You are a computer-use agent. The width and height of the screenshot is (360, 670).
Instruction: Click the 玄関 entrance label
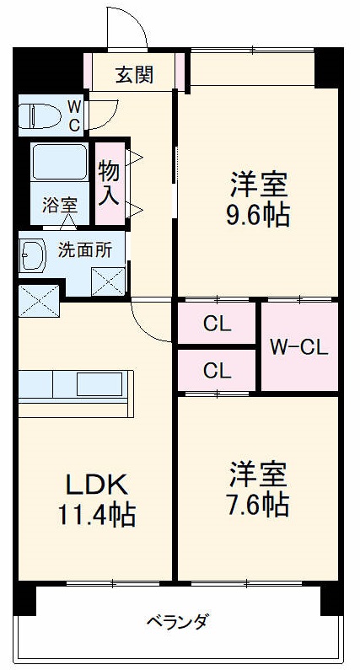point(135,75)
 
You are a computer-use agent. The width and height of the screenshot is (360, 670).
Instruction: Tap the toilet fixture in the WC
point(39,115)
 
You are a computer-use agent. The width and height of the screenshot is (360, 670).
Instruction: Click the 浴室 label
point(59,205)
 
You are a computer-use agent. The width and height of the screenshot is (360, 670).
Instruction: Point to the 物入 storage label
point(110,183)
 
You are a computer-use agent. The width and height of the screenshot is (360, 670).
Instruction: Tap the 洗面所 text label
point(84,249)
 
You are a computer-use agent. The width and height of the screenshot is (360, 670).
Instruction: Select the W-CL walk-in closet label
point(298,346)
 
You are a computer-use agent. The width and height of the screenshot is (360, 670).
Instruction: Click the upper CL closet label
point(217,323)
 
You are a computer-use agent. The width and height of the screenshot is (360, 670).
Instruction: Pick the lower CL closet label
point(217,370)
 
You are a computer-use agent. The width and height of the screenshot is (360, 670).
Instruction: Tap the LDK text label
point(96,485)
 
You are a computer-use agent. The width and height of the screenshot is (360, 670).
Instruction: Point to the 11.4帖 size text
point(96,514)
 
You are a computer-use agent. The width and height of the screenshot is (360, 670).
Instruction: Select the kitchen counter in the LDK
point(76,386)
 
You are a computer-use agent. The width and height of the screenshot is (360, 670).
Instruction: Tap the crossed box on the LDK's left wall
point(39,300)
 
